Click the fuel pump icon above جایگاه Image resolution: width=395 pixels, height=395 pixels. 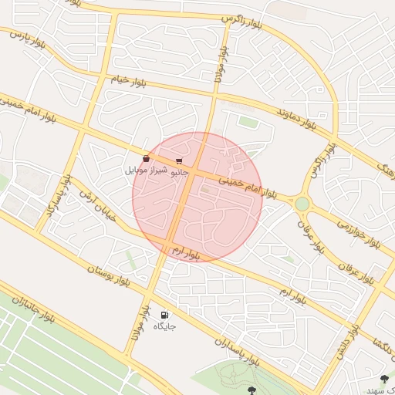click(x=164, y=315)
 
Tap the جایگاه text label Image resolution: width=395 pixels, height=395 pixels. click(x=164, y=326)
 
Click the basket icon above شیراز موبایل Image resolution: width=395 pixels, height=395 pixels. click(x=146, y=158)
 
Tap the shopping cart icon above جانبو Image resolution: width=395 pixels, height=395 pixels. click(x=179, y=160)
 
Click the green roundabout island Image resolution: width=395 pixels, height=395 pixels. click(x=302, y=204)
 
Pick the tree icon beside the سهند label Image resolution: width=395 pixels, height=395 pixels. click(x=384, y=379)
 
